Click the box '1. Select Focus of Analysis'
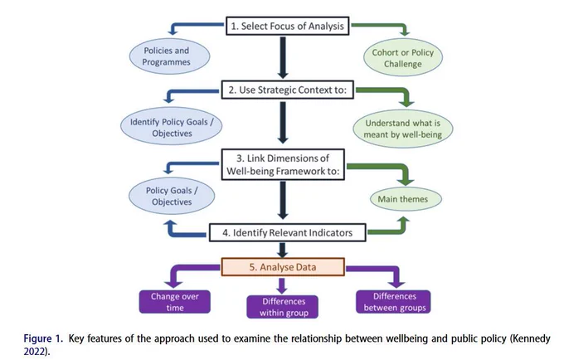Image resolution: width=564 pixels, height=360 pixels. [x=288, y=26]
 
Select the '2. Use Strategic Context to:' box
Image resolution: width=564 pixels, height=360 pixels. [x=288, y=90]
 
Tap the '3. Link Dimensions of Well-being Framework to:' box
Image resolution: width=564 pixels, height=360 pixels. [x=283, y=164]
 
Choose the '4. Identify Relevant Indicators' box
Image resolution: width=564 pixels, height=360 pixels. [x=288, y=232]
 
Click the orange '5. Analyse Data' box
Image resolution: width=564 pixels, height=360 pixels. [x=283, y=267]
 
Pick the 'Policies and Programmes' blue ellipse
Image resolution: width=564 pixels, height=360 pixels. [x=169, y=56]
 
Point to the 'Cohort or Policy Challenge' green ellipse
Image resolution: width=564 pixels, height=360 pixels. [x=403, y=58]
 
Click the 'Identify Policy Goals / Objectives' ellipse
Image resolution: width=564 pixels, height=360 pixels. [x=171, y=126]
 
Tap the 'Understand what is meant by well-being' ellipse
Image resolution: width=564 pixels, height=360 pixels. [x=403, y=129]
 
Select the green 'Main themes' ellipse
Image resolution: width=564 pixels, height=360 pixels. [x=406, y=199]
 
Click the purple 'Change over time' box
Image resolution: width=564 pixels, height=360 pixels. [x=175, y=302]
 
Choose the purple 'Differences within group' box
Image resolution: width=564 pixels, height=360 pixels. [x=282, y=307]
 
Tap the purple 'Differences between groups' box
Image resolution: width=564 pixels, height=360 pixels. [x=393, y=302]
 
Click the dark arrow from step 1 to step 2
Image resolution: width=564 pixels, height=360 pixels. [x=283, y=57]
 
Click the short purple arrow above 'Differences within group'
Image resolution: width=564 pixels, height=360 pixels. [x=282, y=286]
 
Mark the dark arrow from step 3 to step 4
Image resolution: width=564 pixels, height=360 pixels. [x=283, y=200]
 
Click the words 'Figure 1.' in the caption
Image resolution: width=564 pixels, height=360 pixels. [x=43, y=338]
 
